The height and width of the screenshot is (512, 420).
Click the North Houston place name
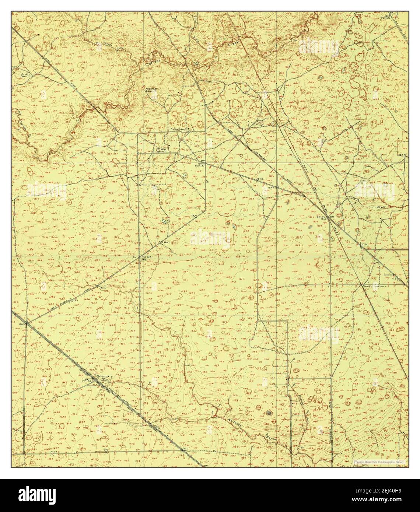click(x=374, y=286)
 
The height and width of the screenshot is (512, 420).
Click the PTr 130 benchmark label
click(x=199, y=166)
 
